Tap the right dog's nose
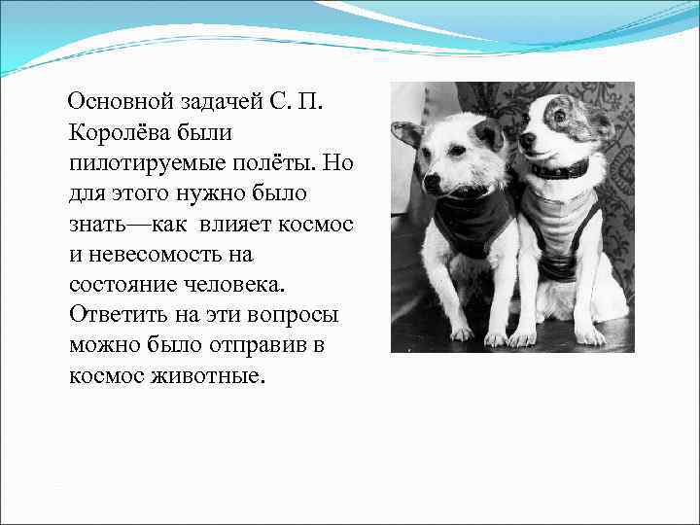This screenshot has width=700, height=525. coord(525,141)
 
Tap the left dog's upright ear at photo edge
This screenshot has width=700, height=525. coord(406,134)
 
